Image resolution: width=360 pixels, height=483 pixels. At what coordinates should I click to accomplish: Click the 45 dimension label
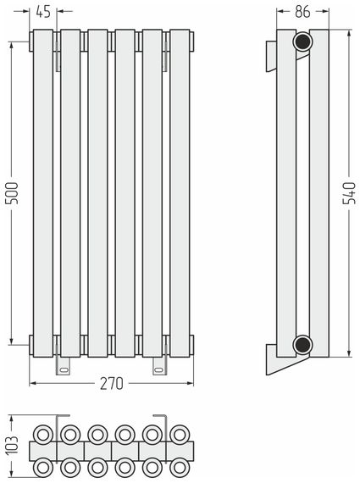click(x=43, y=12)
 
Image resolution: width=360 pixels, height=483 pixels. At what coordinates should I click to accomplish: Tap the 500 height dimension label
click(x=13, y=193)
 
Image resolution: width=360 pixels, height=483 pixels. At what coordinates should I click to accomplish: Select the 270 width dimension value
click(x=112, y=384)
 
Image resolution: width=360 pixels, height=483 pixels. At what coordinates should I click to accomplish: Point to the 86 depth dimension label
click(x=302, y=12)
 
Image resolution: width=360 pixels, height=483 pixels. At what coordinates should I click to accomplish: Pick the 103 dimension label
click(x=13, y=445)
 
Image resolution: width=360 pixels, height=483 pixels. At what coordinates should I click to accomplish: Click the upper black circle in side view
click(x=302, y=42)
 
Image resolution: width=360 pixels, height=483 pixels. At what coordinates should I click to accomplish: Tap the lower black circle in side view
click(x=302, y=344)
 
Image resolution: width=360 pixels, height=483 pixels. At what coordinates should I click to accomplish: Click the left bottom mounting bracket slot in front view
click(x=64, y=369)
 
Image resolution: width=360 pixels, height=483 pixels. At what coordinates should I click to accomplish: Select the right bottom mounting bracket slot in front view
click(x=160, y=369)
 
